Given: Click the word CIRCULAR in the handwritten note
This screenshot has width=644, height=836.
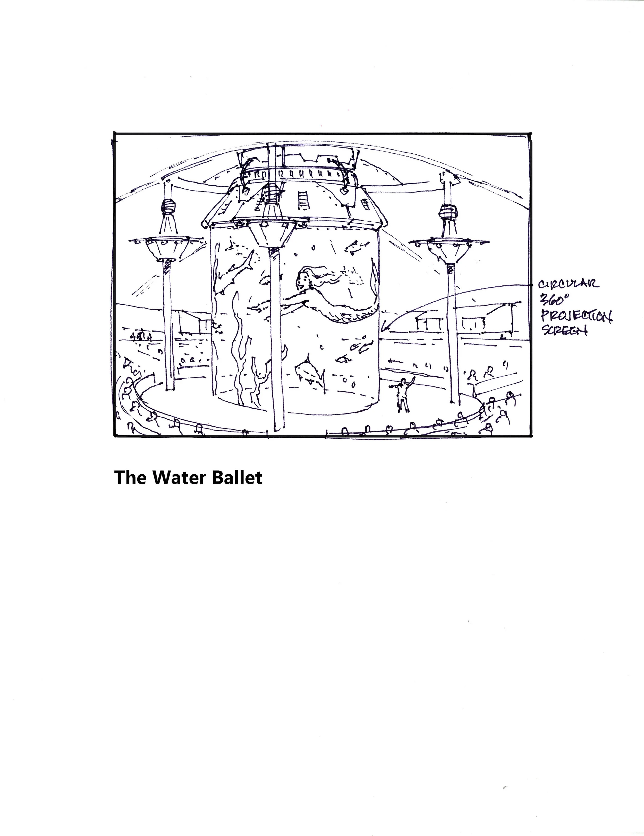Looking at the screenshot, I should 569,284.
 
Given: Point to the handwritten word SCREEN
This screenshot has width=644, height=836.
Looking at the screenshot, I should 564,330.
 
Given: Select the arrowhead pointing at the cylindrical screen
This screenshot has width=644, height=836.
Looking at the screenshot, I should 385,328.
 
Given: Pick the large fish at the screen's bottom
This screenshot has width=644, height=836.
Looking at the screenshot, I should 308,369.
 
